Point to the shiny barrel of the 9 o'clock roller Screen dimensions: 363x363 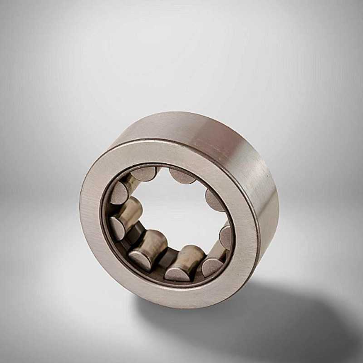coord(131,211)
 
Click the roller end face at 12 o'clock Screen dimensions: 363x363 coord(182,176)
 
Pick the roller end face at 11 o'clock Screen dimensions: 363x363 coord(145,173)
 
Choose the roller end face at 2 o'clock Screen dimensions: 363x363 coord(213,200)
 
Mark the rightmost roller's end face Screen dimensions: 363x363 coord(226,236)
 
